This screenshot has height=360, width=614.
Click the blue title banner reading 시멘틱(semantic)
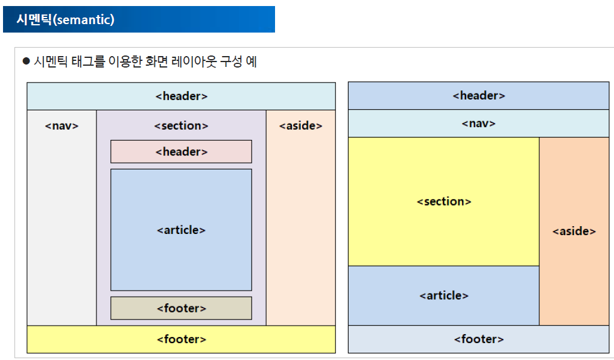pos(138,19)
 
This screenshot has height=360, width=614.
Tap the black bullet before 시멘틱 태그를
pos(26,62)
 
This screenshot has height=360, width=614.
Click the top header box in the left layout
pos(181,96)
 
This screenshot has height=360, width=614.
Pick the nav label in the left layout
pos(62,126)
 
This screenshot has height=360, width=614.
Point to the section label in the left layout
pos(181,126)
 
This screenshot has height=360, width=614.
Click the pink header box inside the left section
pos(181,152)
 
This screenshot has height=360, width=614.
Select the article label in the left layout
pos(181,230)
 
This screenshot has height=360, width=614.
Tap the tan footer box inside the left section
pos(181,308)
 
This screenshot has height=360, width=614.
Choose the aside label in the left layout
pos(300,126)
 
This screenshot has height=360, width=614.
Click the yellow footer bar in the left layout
pos(181,339)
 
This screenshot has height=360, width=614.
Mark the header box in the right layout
pos(478,96)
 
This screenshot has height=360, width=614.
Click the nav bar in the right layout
pos(478,124)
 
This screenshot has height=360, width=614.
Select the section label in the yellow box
pos(444,201)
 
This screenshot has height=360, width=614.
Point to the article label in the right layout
pos(444,295)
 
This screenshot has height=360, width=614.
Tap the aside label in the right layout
pos(574,231)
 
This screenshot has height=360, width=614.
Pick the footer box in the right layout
pos(478,339)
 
